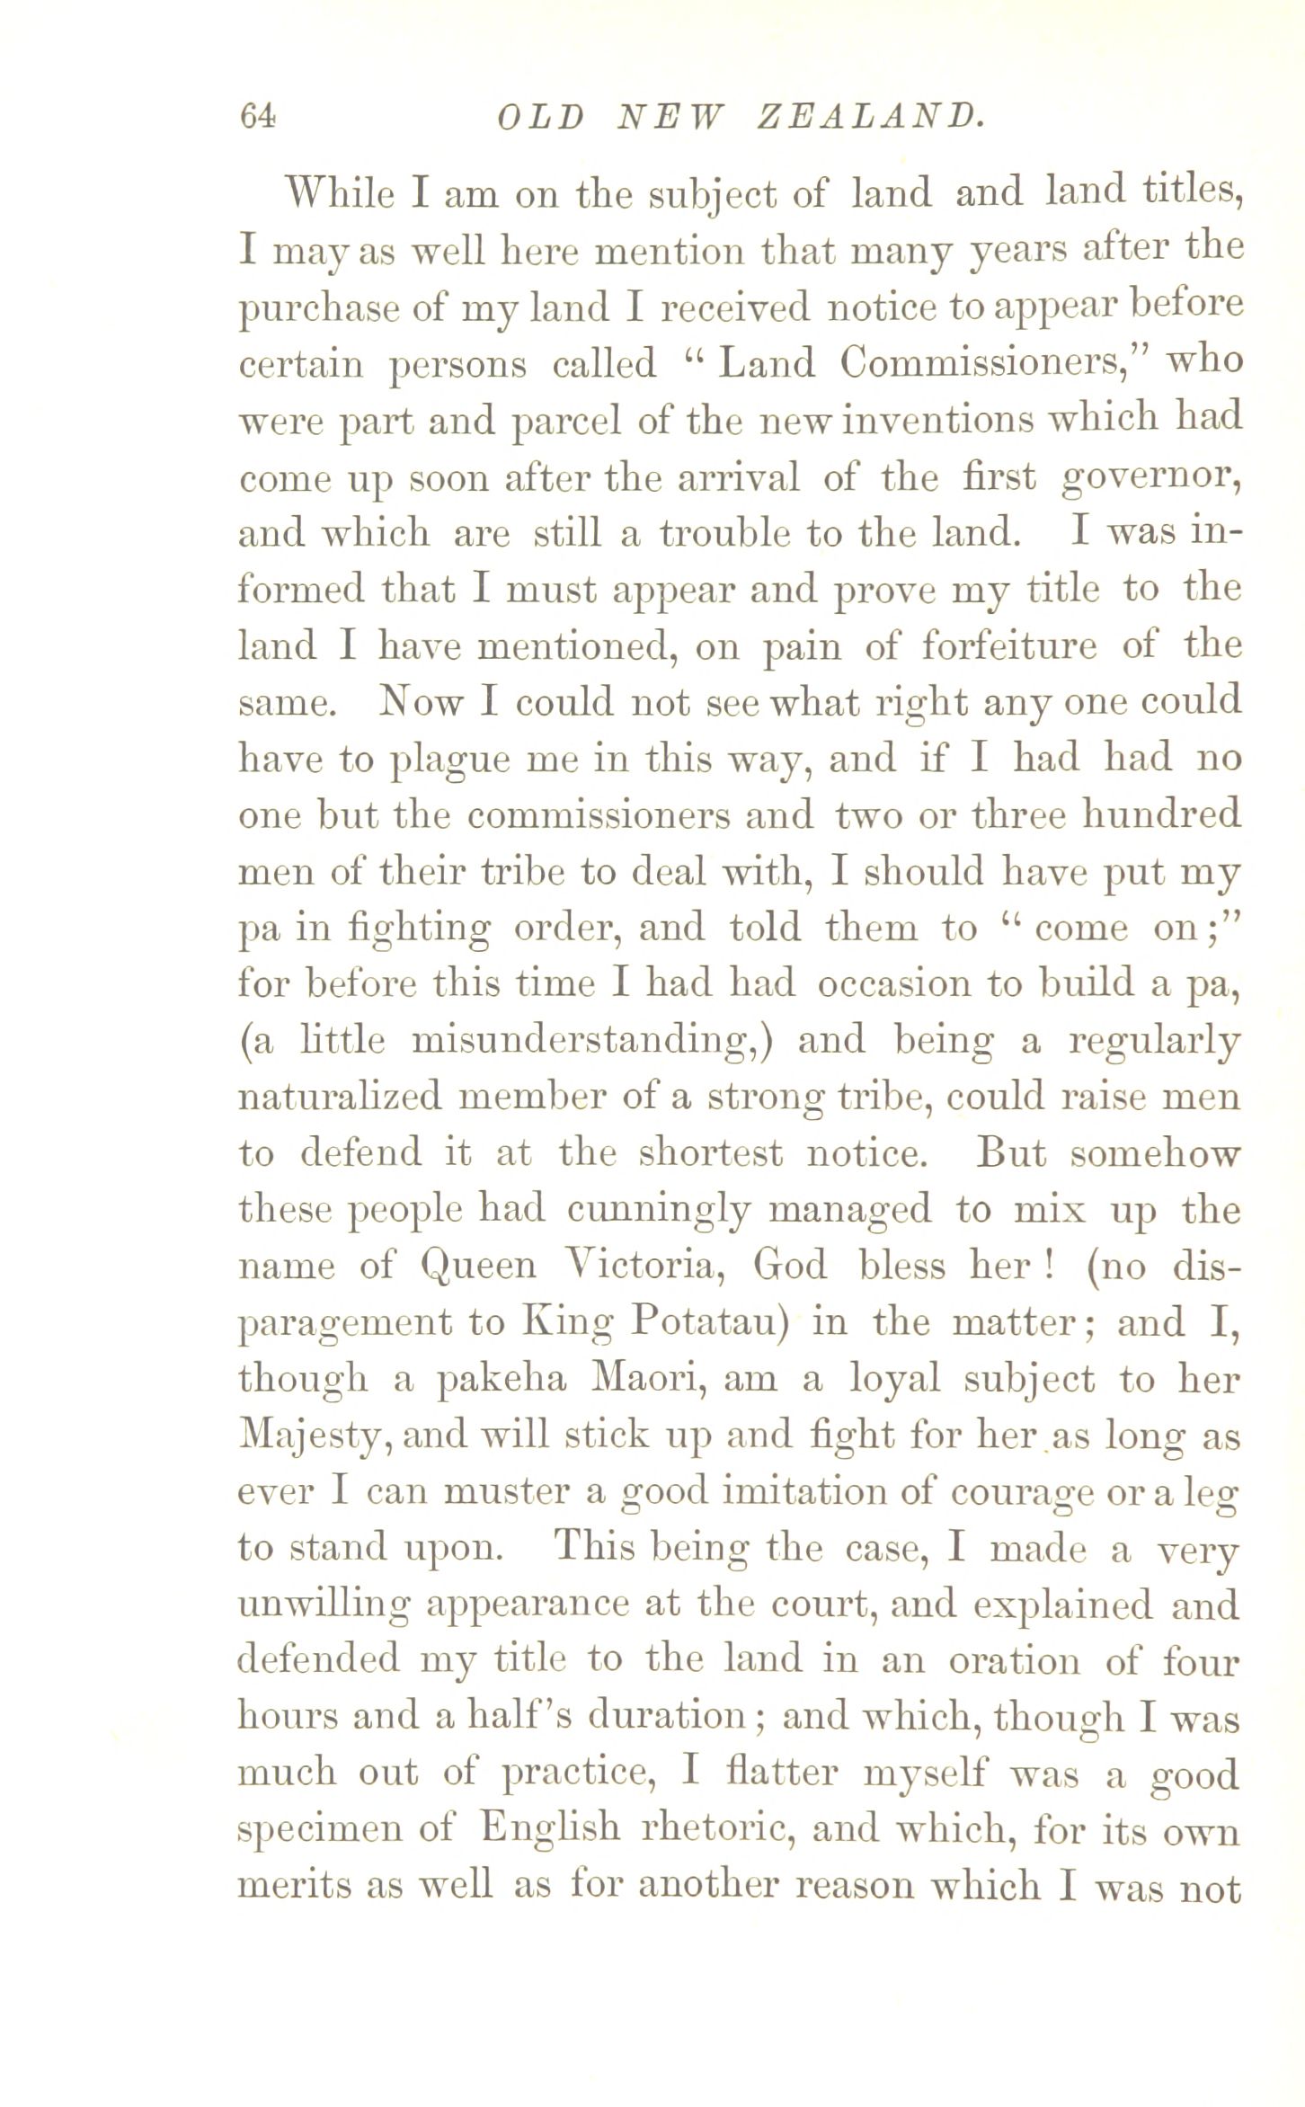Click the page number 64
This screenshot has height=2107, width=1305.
[x=257, y=117]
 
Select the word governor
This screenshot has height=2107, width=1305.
[x=1152, y=478]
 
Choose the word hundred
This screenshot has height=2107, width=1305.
[x=1160, y=815]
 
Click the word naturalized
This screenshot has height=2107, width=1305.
[x=340, y=1098]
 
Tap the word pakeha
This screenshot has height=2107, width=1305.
[x=502, y=1380]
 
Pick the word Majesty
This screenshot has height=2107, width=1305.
[x=315, y=1436]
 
